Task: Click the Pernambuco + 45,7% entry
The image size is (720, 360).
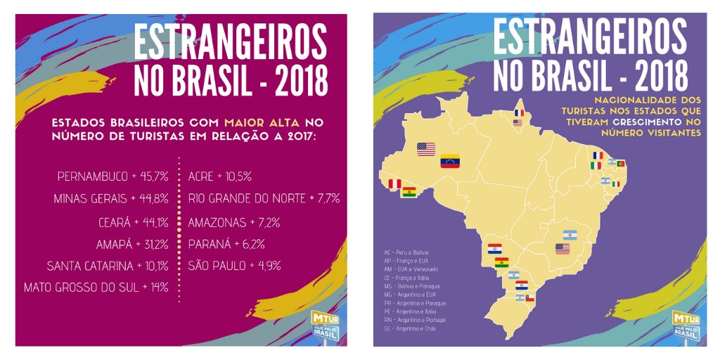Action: click(112, 176)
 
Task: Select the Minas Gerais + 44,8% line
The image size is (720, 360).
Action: click(110, 199)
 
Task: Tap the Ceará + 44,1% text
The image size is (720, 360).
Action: click(133, 222)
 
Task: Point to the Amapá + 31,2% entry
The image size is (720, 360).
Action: click(132, 245)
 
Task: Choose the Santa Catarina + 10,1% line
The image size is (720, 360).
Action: click(107, 266)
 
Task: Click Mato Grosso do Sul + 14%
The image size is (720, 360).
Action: click(96, 288)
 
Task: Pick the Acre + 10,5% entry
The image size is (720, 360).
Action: click(220, 176)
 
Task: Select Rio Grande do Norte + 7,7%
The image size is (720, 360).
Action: click(264, 199)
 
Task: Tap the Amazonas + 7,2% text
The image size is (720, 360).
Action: click(234, 222)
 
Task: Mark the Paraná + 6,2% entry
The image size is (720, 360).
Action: click(226, 245)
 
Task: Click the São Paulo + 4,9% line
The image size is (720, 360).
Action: click(234, 266)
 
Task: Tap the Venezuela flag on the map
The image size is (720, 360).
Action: click(449, 161)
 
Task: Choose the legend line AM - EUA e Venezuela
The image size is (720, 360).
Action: click(411, 269)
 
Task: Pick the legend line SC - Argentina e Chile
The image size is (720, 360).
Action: click(410, 328)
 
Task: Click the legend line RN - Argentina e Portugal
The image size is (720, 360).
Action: click(414, 320)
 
